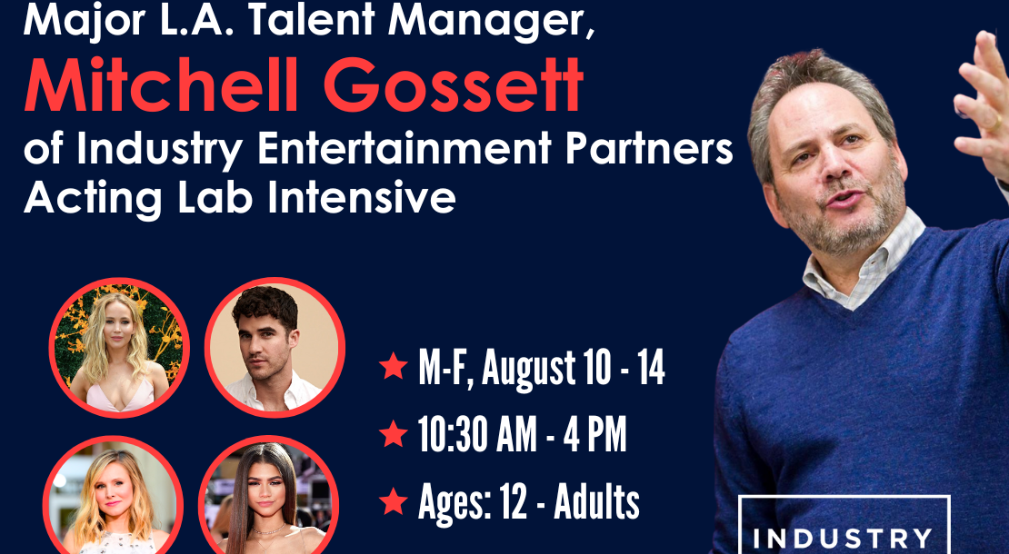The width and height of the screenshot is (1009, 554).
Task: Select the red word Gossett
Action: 454,85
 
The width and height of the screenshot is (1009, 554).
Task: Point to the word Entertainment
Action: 405,149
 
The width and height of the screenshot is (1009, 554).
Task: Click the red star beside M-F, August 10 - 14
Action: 394,366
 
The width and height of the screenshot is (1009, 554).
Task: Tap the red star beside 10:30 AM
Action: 394,433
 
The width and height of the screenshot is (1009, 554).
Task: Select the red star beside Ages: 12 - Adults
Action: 394,500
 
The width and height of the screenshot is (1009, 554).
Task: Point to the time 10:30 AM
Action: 477,434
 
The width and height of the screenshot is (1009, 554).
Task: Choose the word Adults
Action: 596,502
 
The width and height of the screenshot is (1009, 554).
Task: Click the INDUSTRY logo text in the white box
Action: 844,538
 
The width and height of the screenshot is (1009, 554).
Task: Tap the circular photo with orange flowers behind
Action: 119,349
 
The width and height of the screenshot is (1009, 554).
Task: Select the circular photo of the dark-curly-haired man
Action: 275,348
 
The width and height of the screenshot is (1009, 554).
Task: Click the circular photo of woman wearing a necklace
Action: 268,496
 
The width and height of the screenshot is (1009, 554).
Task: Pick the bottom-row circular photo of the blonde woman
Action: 114,496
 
